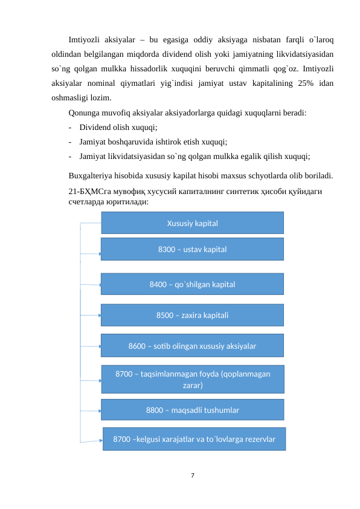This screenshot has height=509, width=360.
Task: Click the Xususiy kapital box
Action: pyautogui.click(x=192, y=223)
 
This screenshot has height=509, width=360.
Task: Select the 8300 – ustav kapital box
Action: pyautogui.click(x=192, y=249)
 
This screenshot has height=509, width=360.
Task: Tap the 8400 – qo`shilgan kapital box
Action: pyautogui.click(x=192, y=284)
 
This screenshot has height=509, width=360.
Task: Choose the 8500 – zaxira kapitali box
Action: pyautogui.click(x=192, y=315)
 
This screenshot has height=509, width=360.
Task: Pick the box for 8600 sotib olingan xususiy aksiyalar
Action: pyautogui.click(x=192, y=346)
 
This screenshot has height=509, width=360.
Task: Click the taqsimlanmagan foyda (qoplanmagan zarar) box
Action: pyautogui.click(x=192, y=379)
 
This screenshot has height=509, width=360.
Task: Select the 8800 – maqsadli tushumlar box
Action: pyautogui.click(x=192, y=410)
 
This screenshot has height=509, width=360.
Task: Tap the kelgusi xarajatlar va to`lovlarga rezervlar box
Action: pyautogui.click(x=194, y=439)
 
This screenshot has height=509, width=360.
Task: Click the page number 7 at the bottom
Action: pyautogui.click(x=192, y=476)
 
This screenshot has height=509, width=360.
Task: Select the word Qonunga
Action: pyautogui.click(x=85, y=112)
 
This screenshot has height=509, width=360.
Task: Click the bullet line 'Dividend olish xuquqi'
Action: pyautogui.click(x=118, y=128)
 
